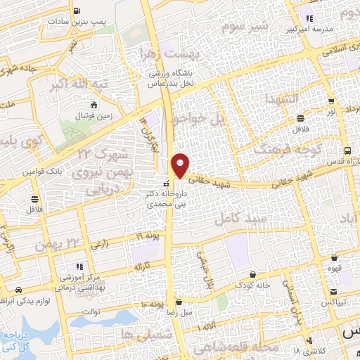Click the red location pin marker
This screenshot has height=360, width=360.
181,164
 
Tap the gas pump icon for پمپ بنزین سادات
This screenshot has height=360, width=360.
76,11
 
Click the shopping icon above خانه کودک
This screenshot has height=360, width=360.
252,273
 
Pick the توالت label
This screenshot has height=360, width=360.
91,311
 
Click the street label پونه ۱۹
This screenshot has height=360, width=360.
148,235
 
